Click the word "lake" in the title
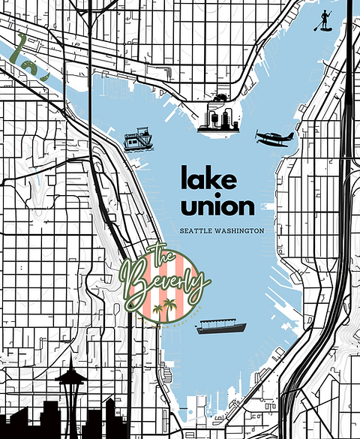click(208, 179)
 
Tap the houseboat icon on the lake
click(137, 140)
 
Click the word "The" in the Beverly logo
click(163, 256)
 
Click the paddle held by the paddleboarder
click(318, 23)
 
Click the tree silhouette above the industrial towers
click(220, 98)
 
